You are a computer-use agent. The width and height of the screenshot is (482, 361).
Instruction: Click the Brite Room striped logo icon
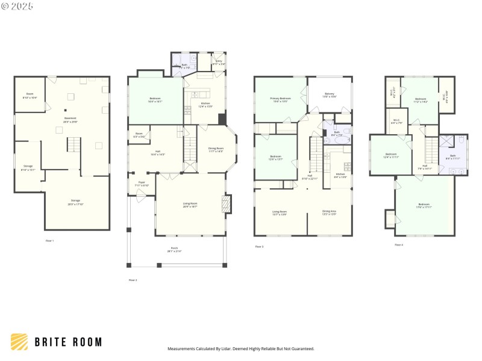click(19, 342)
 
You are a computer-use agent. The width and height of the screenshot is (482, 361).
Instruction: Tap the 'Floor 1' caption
click(49, 241)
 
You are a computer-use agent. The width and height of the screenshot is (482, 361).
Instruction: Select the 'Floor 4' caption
click(399, 245)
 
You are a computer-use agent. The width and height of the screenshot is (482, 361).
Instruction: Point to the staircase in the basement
click(73, 145)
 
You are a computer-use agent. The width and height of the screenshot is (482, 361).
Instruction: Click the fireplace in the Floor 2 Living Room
click(227, 204)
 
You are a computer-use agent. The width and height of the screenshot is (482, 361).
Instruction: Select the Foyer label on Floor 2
click(142, 184)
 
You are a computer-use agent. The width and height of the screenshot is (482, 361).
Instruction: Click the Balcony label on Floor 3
click(330, 94)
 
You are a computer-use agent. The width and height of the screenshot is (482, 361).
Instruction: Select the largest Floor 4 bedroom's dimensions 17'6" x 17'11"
click(424, 207)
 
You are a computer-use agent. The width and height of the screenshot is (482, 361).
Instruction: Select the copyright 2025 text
click(17, 5)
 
